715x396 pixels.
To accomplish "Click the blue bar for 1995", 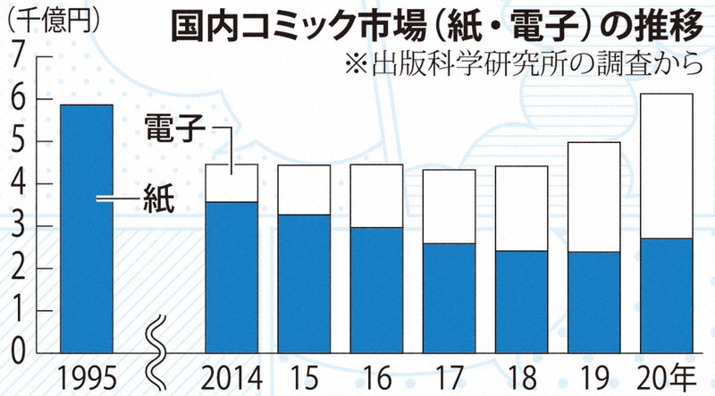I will (x=86, y=228).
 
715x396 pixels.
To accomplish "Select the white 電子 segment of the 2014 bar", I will (x=232, y=183).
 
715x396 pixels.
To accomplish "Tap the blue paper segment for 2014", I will (x=232, y=277).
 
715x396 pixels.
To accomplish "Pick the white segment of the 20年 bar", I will (x=666, y=165).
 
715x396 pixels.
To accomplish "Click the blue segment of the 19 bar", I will (x=594, y=301).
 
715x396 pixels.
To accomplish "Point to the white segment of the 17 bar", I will (x=450, y=206).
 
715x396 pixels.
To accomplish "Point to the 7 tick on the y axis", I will (x=17, y=58).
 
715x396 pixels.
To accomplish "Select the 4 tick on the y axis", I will (x=17, y=184).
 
